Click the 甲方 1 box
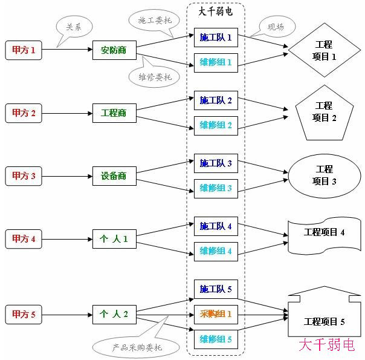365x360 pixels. tap(24, 50)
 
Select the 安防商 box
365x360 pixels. tap(114, 50)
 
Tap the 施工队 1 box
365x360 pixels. tap(216, 38)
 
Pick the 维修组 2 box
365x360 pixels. tap(216, 125)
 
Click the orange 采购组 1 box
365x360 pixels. tap(216, 314)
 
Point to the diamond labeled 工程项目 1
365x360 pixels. tap(324, 51)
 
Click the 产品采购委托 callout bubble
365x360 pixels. tap(137, 347)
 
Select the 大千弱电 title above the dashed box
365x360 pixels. tap(215, 11)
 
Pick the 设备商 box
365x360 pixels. tap(114, 176)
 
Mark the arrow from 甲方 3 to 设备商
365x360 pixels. tap(67, 176)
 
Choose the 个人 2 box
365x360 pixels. tap(114, 314)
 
